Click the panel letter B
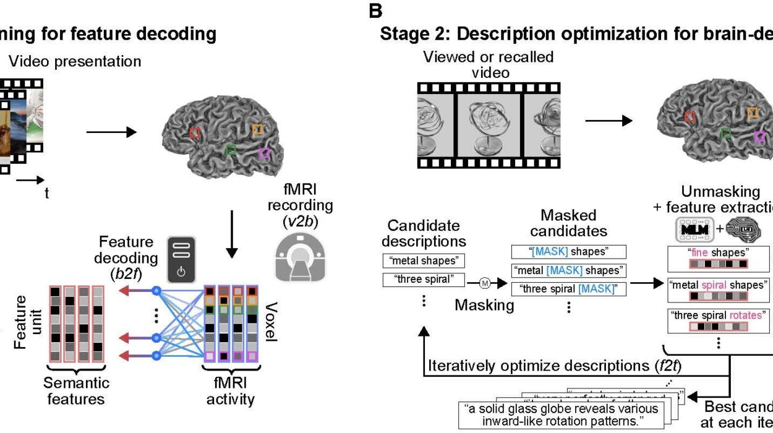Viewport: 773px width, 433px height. tap(375, 11)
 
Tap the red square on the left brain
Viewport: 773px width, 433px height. tap(194, 132)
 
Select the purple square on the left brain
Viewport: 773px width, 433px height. tap(265, 153)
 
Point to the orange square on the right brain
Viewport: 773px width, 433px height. tap(751, 113)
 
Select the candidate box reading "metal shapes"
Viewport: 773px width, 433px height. tap(424, 260)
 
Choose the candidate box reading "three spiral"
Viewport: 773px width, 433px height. tap(424, 280)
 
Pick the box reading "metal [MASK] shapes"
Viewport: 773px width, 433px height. tap(568, 270)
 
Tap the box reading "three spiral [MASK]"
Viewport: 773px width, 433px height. tap(568, 288)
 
